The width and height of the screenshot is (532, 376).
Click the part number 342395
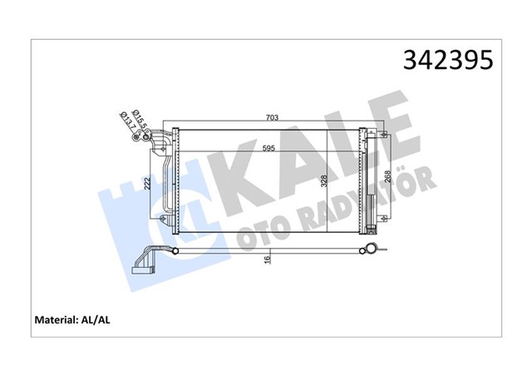click(x=448, y=60)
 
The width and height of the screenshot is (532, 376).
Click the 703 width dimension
click(x=271, y=118)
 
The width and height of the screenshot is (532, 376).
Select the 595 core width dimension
click(x=268, y=149)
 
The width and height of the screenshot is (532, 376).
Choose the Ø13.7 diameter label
click(x=126, y=124)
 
